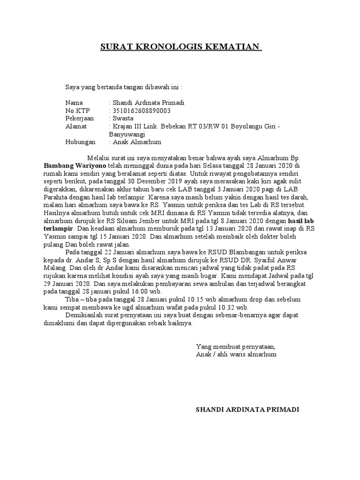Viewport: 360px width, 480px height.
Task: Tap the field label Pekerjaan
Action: [x=80, y=119]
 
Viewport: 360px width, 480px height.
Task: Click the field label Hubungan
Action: [x=80, y=142]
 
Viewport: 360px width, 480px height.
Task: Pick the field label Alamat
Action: [x=75, y=127]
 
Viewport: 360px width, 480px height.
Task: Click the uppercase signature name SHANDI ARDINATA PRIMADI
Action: [x=247, y=409]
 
